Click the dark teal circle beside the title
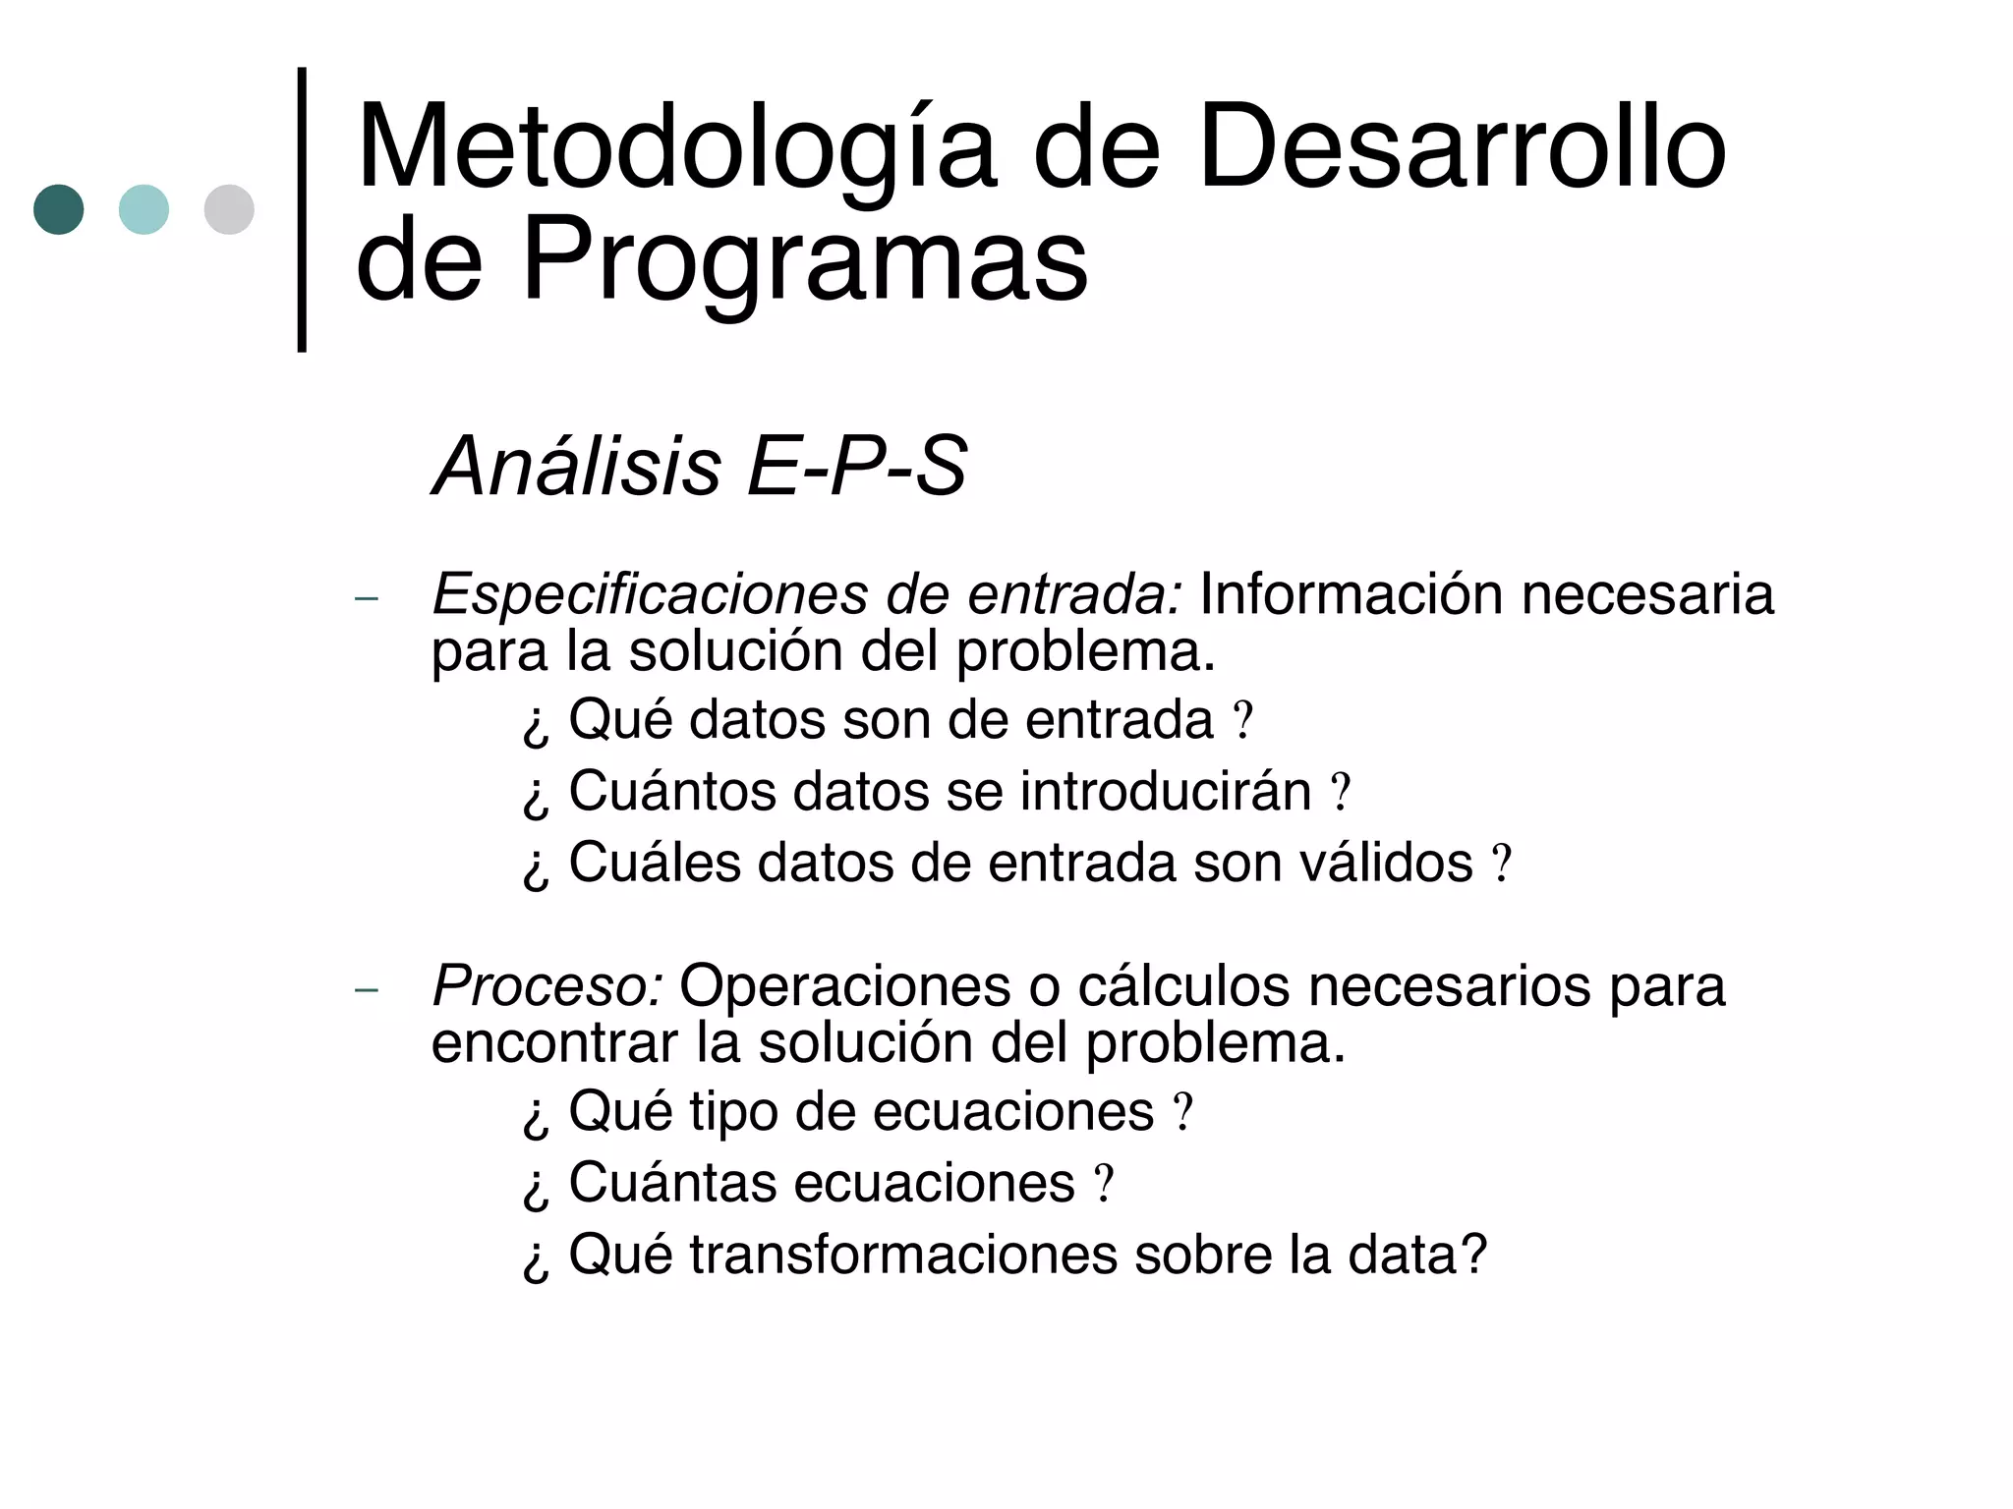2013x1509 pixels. coord(58,209)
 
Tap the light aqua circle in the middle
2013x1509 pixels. coord(144,209)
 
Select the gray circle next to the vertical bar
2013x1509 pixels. coord(229,209)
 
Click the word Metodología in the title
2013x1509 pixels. coord(677,149)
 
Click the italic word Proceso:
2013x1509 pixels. coord(547,985)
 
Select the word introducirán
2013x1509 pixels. coord(1166,791)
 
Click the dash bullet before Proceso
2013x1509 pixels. coord(366,989)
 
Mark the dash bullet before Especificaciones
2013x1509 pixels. coord(366,598)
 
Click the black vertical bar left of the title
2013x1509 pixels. coord(302,209)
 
